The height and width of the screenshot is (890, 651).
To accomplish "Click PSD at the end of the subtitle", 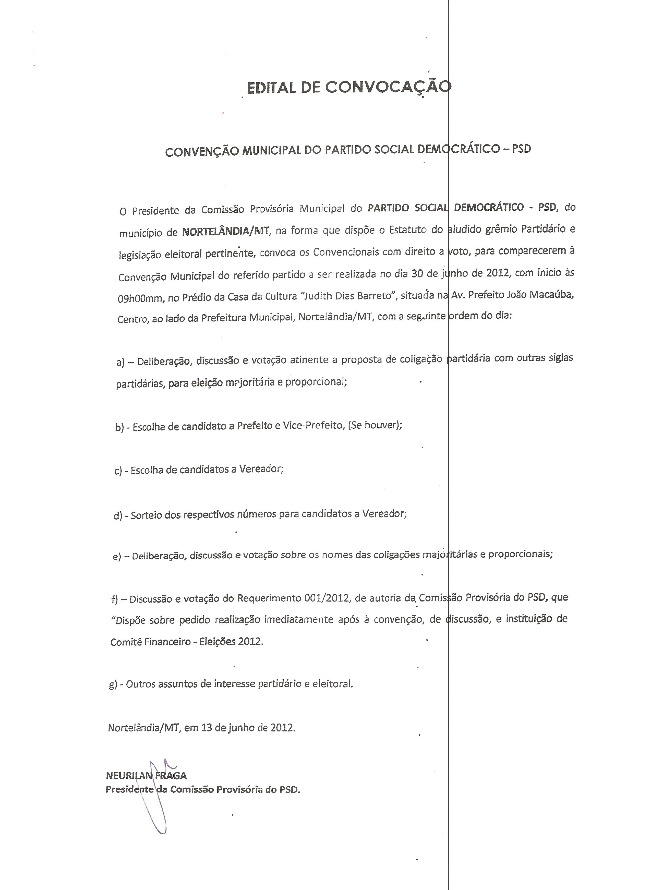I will [x=521, y=149].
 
